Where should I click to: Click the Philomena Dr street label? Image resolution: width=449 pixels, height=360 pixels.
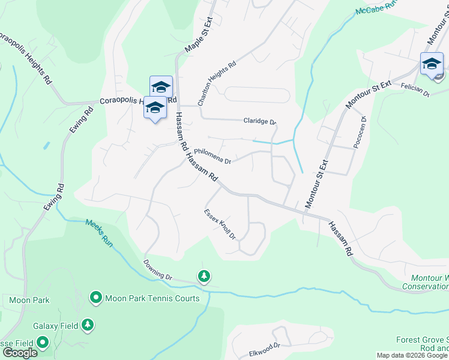[x=212, y=156]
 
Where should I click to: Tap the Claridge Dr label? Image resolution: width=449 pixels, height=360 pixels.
[x=259, y=121]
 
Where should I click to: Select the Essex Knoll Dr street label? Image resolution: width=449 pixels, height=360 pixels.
[x=220, y=224]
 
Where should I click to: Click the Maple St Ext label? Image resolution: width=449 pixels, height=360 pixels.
[x=199, y=36]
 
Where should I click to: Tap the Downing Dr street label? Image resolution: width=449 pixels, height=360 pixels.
[x=158, y=270]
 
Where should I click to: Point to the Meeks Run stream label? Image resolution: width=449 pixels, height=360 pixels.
[x=99, y=232]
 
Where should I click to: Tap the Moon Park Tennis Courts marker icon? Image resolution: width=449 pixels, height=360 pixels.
[x=95, y=298]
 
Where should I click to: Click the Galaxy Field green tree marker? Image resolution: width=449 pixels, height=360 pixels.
[x=88, y=325]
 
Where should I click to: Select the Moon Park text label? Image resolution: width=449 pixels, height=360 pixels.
[x=29, y=299]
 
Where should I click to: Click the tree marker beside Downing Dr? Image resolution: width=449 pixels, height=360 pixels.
[x=205, y=276]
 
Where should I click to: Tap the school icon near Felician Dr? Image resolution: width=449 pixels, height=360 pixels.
[x=432, y=63]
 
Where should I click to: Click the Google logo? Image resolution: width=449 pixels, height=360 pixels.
[x=20, y=353]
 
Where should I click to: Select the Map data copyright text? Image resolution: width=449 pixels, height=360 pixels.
[x=412, y=355]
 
